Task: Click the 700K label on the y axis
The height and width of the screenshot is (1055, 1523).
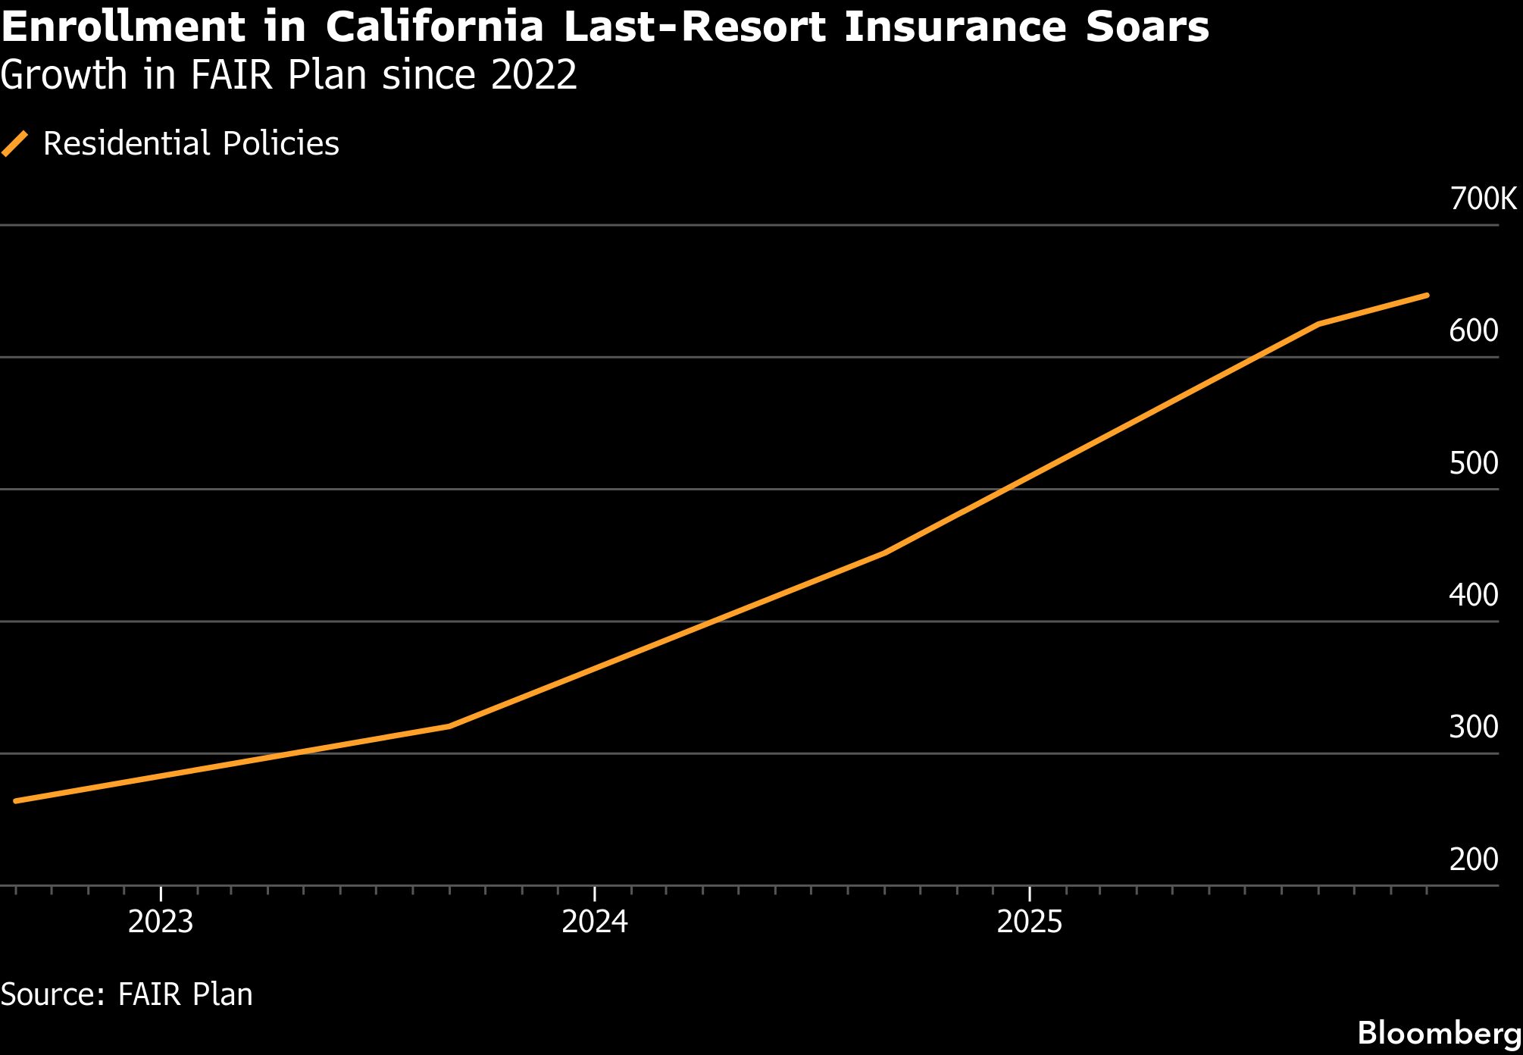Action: point(1483,199)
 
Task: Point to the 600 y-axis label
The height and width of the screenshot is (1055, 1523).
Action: point(1473,331)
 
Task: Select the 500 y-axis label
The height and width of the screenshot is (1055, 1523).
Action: point(1473,463)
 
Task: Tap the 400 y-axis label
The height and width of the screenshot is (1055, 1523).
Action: point(1473,595)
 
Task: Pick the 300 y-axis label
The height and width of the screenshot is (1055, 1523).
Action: point(1473,727)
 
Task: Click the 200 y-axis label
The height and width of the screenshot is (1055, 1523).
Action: point(1473,859)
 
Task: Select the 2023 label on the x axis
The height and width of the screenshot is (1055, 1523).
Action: point(161,922)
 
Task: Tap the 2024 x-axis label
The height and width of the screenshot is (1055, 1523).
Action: point(595,922)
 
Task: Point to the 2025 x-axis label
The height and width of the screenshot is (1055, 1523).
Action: point(1030,922)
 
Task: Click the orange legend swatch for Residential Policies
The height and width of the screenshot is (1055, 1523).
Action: point(15,143)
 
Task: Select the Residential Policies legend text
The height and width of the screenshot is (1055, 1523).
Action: point(191,143)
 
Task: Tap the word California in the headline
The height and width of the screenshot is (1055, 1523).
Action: point(435,27)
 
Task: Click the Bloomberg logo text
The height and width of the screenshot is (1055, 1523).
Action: point(1439,1033)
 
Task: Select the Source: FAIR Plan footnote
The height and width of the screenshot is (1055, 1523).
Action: point(127,994)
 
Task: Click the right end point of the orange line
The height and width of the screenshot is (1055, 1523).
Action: point(1427,295)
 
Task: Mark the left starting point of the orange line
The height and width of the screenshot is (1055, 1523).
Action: point(16,800)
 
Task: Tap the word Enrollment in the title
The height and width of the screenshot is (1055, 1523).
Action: point(124,27)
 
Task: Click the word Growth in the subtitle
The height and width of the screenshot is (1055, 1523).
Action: point(64,75)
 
